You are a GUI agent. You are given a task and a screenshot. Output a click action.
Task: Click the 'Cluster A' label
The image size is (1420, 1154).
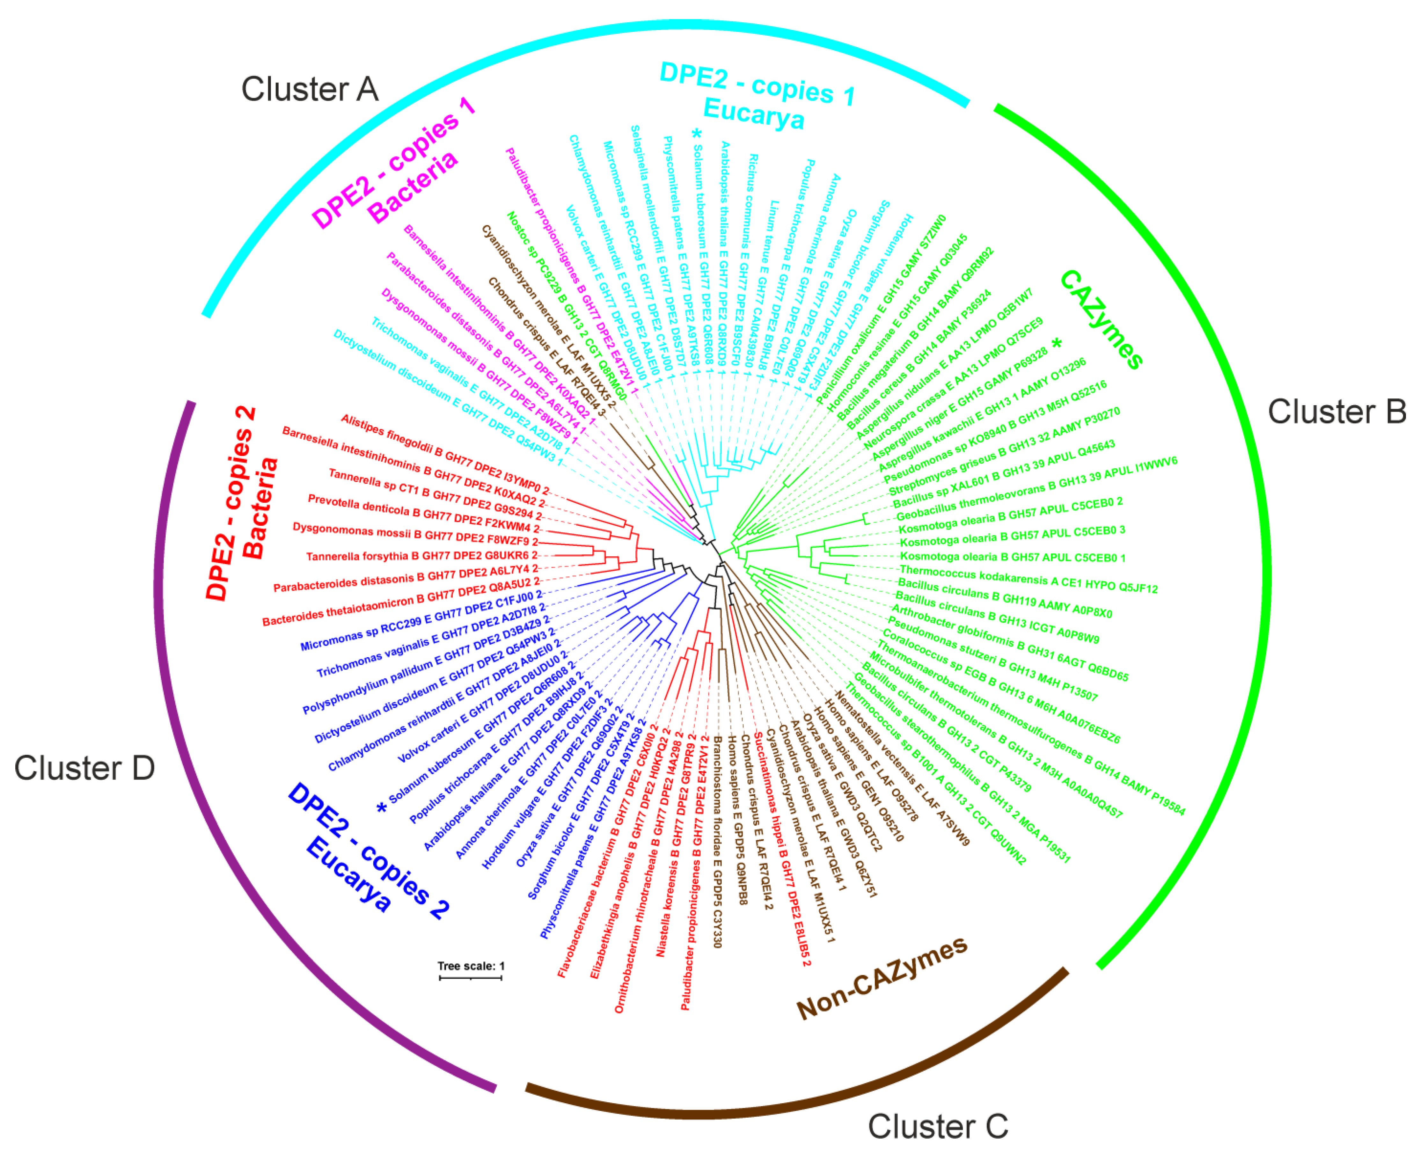point(310,89)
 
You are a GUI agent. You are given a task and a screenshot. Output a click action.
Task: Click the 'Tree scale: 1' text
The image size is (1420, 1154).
point(471,966)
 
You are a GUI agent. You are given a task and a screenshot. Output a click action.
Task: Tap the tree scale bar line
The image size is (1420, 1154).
point(471,978)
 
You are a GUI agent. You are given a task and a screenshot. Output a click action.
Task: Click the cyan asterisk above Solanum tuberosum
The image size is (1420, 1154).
point(697,134)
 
